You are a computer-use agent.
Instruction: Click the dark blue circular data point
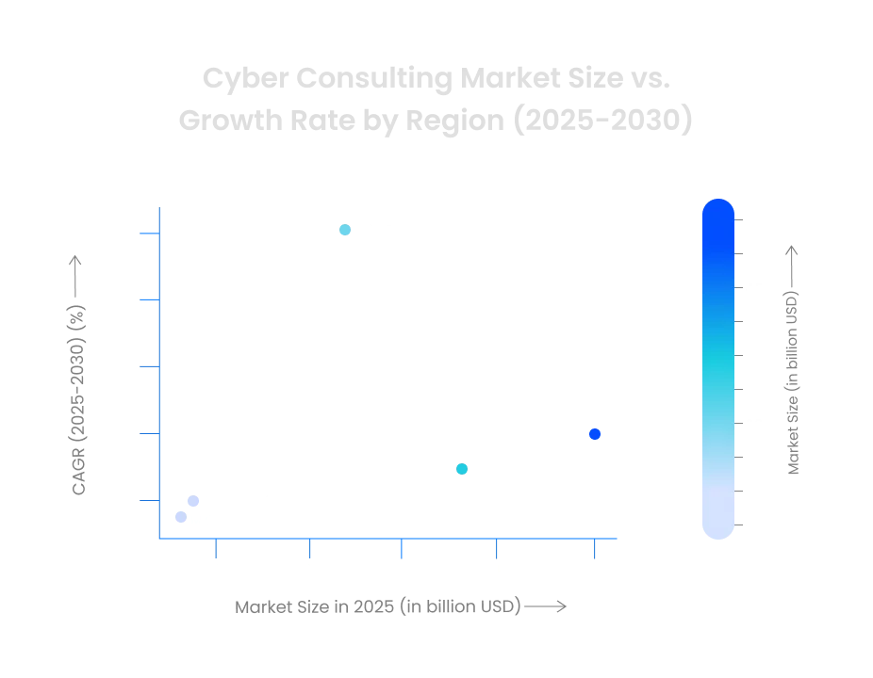tap(595, 434)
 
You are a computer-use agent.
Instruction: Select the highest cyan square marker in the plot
tap(346, 230)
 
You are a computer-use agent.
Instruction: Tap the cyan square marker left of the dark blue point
tap(460, 467)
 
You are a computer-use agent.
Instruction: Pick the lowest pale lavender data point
tap(181, 515)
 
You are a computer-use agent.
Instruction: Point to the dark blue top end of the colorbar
tap(718, 213)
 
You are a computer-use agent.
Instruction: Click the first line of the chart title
tap(436, 80)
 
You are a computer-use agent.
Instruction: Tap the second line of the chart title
tap(436, 121)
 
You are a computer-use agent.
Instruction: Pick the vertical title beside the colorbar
tap(792, 358)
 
